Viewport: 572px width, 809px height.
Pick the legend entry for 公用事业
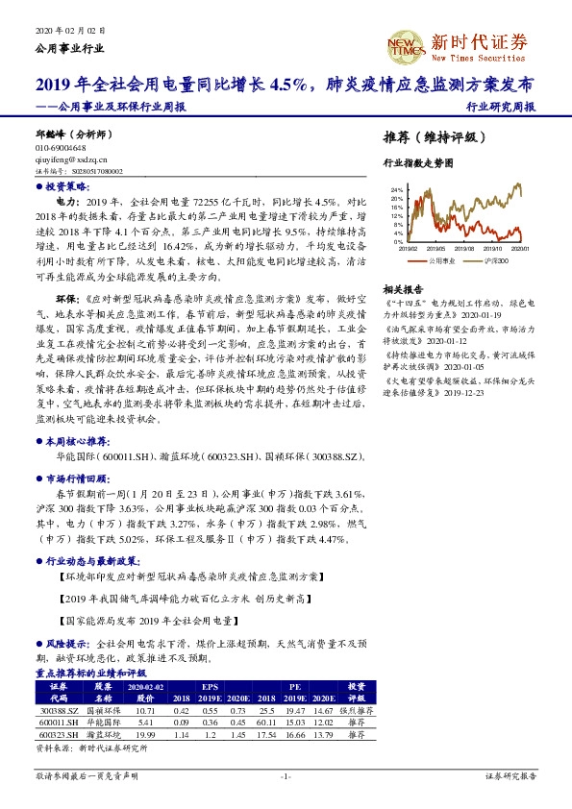pos(441,260)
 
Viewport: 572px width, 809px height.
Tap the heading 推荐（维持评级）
pos(429,136)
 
